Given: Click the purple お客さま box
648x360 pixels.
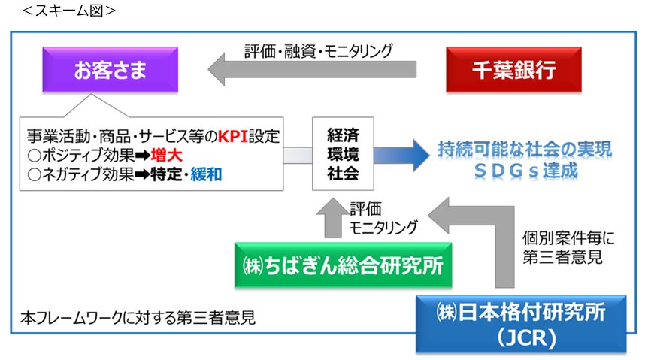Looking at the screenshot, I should (110, 72).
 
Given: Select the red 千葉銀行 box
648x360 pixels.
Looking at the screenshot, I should (514, 72).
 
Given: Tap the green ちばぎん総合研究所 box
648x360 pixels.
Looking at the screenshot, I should (343, 265).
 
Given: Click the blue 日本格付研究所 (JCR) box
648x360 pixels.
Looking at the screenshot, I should (522, 322).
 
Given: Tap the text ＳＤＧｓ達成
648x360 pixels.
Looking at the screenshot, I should (525, 171).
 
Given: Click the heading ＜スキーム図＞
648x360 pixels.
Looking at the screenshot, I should (65, 10).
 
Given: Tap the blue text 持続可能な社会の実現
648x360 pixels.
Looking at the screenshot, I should (525, 149).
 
